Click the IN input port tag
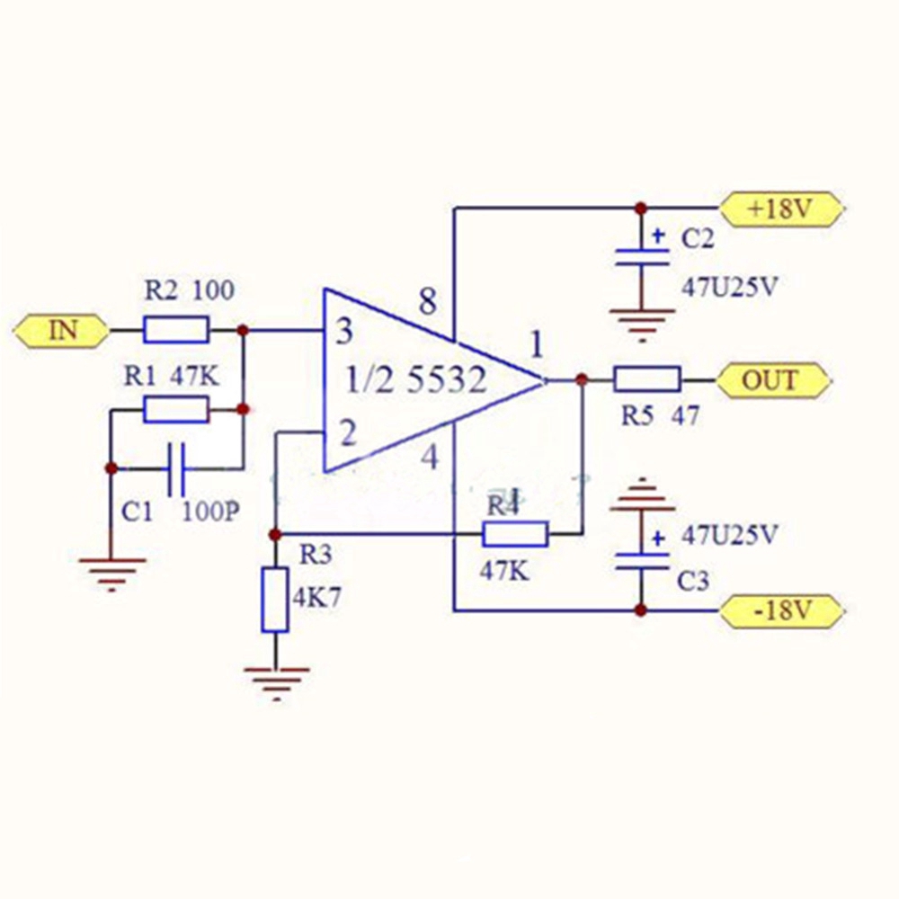tap(61, 331)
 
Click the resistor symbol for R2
tap(176, 331)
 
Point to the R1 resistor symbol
tap(176, 410)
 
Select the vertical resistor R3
tap(275, 600)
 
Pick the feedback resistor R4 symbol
tap(515, 534)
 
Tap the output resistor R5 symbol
tap(646, 380)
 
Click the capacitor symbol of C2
tap(640, 258)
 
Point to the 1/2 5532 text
tap(416, 381)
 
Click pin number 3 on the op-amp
tap(343, 334)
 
